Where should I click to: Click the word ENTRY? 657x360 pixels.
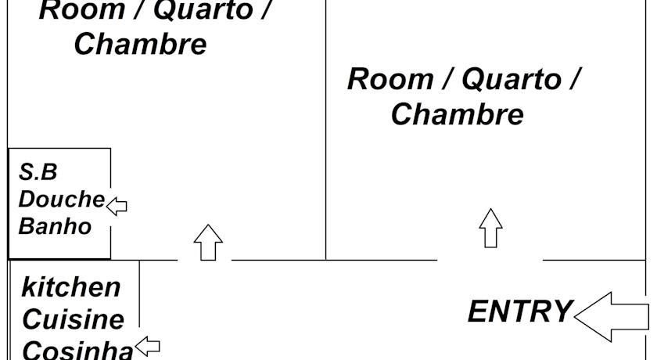coord(520,311)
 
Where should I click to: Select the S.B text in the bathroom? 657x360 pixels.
coord(38,172)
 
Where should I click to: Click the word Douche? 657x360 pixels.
coord(61,199)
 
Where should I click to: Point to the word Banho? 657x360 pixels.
coord(55,226)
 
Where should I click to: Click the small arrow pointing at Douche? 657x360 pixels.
coord(117,206)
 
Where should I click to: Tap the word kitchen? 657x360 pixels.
coord(71,287)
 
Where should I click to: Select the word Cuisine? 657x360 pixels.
coord(73,319)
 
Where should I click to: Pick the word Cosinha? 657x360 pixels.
coord(77,349)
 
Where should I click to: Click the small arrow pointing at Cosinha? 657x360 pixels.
coord(148,345)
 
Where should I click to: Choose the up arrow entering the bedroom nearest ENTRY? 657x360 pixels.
coord(490,228)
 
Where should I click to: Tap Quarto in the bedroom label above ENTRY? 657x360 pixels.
coord(511,79)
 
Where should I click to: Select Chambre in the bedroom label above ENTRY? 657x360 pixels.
coord(457,114)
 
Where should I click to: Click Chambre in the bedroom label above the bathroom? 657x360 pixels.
coord(140,44)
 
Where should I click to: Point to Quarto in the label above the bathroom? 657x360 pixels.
coord(202,11)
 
